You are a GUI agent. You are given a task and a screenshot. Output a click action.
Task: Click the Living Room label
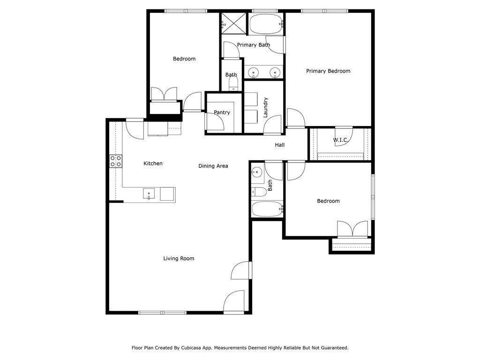point(179,258)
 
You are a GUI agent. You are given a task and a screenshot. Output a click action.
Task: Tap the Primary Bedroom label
point(328,71)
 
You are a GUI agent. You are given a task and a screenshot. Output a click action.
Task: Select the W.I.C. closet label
point(340,140)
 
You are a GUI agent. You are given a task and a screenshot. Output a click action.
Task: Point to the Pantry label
point(222,112)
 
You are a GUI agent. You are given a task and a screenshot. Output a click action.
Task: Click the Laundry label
point(265,107)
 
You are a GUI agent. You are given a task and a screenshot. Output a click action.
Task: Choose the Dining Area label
point(213,166)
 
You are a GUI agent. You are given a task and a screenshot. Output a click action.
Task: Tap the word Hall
point(280,145)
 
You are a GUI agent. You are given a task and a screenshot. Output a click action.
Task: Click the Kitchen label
point(153,164)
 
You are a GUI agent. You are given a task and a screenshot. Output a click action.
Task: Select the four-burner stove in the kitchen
point(116,161)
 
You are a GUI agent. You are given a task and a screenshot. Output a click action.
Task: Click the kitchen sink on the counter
point(149,194)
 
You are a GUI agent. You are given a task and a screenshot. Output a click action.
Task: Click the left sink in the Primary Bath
point(253,73)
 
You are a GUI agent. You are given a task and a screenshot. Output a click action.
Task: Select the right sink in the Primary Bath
point(275,73)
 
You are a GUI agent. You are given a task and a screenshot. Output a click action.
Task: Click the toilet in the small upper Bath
point(233,85)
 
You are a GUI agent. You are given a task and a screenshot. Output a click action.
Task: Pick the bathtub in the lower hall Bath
point(267,209)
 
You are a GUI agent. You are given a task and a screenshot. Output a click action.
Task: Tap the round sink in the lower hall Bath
point(256,172)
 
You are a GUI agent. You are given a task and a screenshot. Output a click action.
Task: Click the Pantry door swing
point(214,122)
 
